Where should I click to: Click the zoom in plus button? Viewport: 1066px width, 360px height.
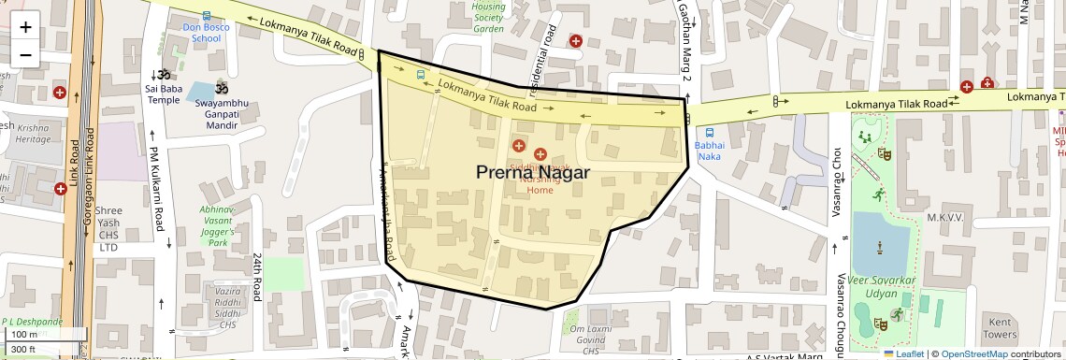click(x=25, y=27)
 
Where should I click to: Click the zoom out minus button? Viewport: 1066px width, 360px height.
click(x=25, y=54)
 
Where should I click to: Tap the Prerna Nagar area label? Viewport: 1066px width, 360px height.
click(x=532, y=172)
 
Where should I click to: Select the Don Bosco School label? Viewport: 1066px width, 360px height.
click(x=206, y=33)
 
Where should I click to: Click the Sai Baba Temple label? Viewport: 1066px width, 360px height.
click(x=163, y=94)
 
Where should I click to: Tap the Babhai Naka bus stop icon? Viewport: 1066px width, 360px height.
click(x=710, y=133)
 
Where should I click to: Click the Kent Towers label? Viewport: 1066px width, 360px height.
click(x=1000, y=327)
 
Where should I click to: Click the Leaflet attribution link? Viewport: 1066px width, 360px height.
click(x=906, y=353)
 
